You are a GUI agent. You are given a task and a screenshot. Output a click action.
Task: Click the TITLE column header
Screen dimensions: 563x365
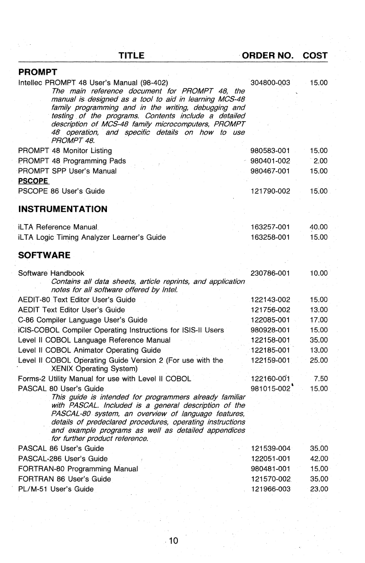132,56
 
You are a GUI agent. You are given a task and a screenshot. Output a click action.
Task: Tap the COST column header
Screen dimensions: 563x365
315,56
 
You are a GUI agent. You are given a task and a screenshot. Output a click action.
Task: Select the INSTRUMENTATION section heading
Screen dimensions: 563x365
62,209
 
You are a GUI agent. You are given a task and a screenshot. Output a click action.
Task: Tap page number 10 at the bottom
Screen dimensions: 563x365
173,540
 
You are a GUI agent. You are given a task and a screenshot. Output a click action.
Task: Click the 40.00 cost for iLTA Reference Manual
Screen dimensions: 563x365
318,227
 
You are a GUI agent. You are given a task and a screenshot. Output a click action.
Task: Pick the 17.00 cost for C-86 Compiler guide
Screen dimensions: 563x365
318,320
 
